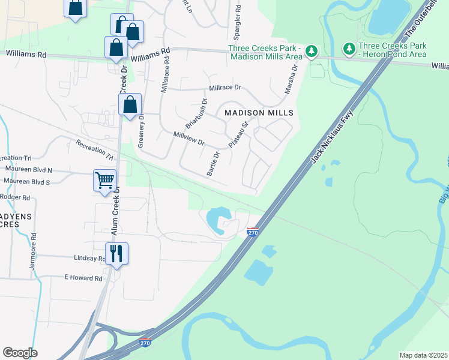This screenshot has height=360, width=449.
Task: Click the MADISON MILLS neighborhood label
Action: pos(259,113)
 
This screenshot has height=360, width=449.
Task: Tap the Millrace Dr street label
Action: pos(224,88)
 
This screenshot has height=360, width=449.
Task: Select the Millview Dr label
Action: pos(189,139)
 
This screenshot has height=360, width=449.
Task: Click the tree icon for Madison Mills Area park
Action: pos(311,51)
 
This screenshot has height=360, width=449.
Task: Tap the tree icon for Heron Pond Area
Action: pos(348,47)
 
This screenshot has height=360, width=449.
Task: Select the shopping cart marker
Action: pos(104,179)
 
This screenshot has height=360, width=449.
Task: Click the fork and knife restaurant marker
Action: pos(116,253)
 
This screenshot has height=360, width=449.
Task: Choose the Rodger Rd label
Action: pos(16,197)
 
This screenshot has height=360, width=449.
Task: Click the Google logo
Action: pos(20,353)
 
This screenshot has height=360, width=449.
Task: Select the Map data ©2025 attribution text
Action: pos(423,355)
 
